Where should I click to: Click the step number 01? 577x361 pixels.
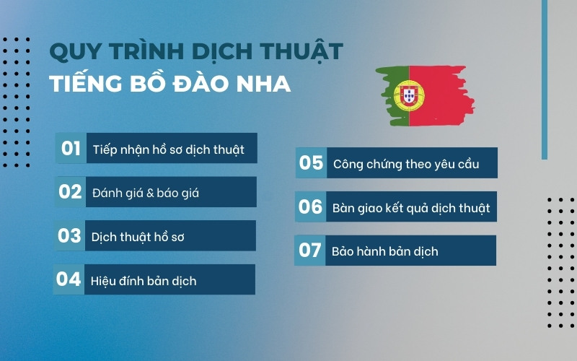pyautogui.click(x=71, y=149)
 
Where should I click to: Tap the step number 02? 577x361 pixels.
pyautogui.click(x=71, y=192)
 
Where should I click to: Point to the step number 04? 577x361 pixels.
pyautogui.click(x=69, y=279)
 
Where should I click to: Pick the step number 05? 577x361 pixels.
pyautogui.click(x=311, y=162)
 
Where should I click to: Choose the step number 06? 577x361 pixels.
pyautogui.click(x=310, y=206)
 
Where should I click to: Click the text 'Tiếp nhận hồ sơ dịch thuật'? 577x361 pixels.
pyautogui.click(x=169, y=150)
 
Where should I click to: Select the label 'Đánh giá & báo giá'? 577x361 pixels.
pyautogui.click(x=145, y=193)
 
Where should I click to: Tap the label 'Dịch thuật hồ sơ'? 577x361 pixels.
pyautogui.click(x=136, y=237)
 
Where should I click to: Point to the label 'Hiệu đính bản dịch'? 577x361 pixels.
pyautogui.click(x=144, y=281)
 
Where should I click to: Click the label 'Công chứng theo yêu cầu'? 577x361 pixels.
pyautogui.click(x=406, y=164)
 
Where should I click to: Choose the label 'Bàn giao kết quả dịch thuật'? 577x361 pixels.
pyautogui.click(x=411, y=208)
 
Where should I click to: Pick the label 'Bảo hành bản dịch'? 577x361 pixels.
pyautogui.click(x=385, y=252)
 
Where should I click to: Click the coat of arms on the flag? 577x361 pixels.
pyautogui.click(x=409, y=94)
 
